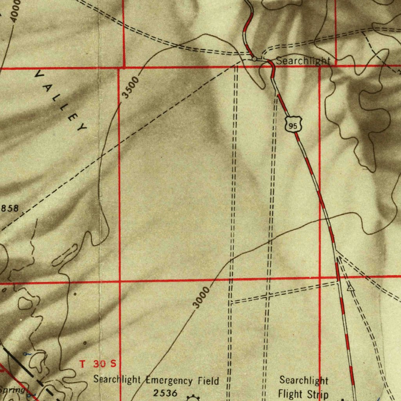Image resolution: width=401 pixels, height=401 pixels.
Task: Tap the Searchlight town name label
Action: tap(303, 61)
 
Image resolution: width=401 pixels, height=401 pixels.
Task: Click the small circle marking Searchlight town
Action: tap(254, 59)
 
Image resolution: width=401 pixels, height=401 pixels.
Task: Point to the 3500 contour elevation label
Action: tap(130, 88)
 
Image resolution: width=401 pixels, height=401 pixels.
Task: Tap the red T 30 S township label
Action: tap(98, 364)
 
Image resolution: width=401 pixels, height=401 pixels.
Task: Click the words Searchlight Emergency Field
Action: tap(156, 380)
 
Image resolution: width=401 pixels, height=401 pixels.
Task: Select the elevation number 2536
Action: tap(165, 393)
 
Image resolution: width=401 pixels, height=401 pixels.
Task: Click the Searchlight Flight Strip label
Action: tap(303, 387)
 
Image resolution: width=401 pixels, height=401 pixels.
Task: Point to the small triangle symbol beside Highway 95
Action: tap(350, 288)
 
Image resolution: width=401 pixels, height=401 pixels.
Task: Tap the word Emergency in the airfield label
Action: tap(169, 380)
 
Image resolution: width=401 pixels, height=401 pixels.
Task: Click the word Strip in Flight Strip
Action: tap(318, 394)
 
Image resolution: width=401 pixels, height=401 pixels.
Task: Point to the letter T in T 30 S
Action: tap(82, 364)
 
